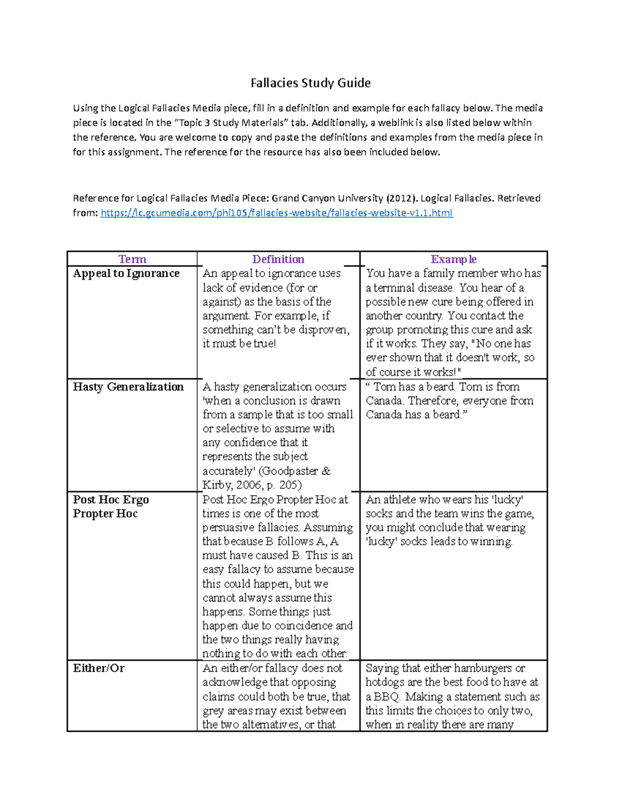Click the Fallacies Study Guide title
(310, 83)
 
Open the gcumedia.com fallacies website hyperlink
(276, 213)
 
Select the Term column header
(132, 259)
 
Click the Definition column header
(278, 259)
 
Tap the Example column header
(454, 259)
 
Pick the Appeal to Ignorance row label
(126, 274)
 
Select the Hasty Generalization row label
(128, 387)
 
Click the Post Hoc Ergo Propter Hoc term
(110, 507)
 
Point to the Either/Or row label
(98, 668)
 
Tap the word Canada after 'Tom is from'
(384, 401)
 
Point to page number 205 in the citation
(289, 485)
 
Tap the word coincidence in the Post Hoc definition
(303, 625)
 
